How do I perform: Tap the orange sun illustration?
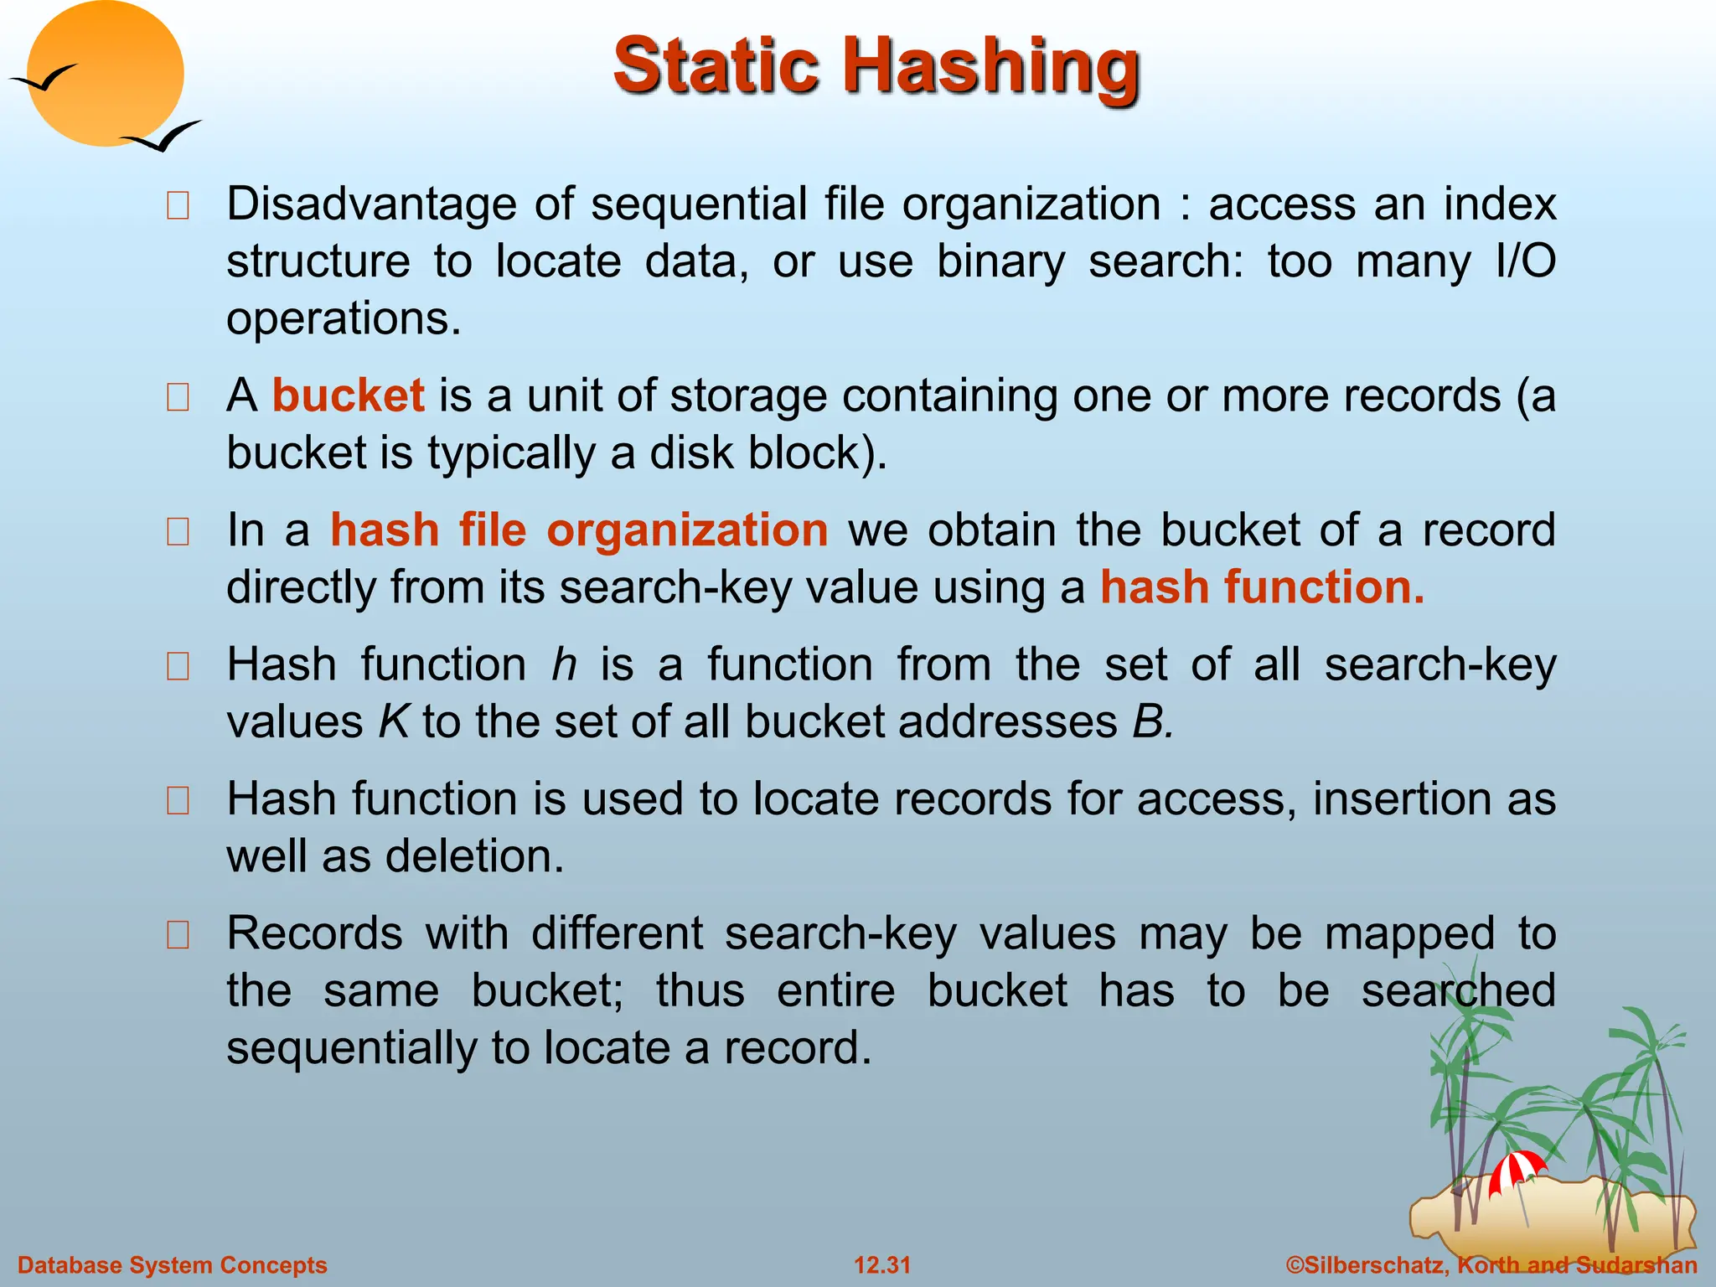pos(105,74)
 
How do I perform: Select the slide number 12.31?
pos(881,1265)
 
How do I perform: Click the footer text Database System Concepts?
pos(172,1265)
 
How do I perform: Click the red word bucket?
pos(348,395)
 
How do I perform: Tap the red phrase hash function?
pos(1261,587)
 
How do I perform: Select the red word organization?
pos(687,530)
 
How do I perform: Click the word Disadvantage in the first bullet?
pos(371,204)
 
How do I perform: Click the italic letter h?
pos(564,665)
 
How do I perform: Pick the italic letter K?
pos(393,722)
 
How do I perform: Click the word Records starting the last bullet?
pos(314,933)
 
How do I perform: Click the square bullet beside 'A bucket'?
pos(178,397)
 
